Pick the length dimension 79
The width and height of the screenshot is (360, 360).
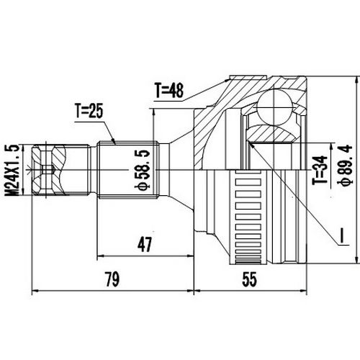(x=112, y=278)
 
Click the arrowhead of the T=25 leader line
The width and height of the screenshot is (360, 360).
(x=115, y=141)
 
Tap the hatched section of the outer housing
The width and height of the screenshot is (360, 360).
(x=216, y=115)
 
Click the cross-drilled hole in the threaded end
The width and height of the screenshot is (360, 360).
(x=45, y=171)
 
